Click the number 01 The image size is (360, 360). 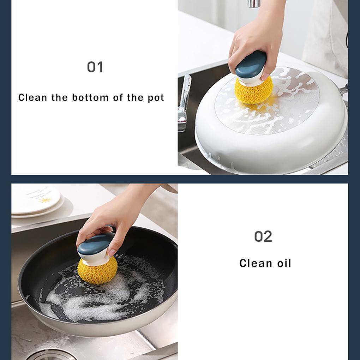(95, 67)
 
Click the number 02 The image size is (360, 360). (263, 237)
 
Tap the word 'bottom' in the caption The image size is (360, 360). (90, 97)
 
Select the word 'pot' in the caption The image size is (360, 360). (156, 98)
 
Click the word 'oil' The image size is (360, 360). (284, 263)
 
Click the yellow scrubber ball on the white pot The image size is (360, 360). (254, 91)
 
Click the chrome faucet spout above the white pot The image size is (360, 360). (254, 4)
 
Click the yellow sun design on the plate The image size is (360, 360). (44, 200)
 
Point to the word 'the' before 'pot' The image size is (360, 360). (135, 97)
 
